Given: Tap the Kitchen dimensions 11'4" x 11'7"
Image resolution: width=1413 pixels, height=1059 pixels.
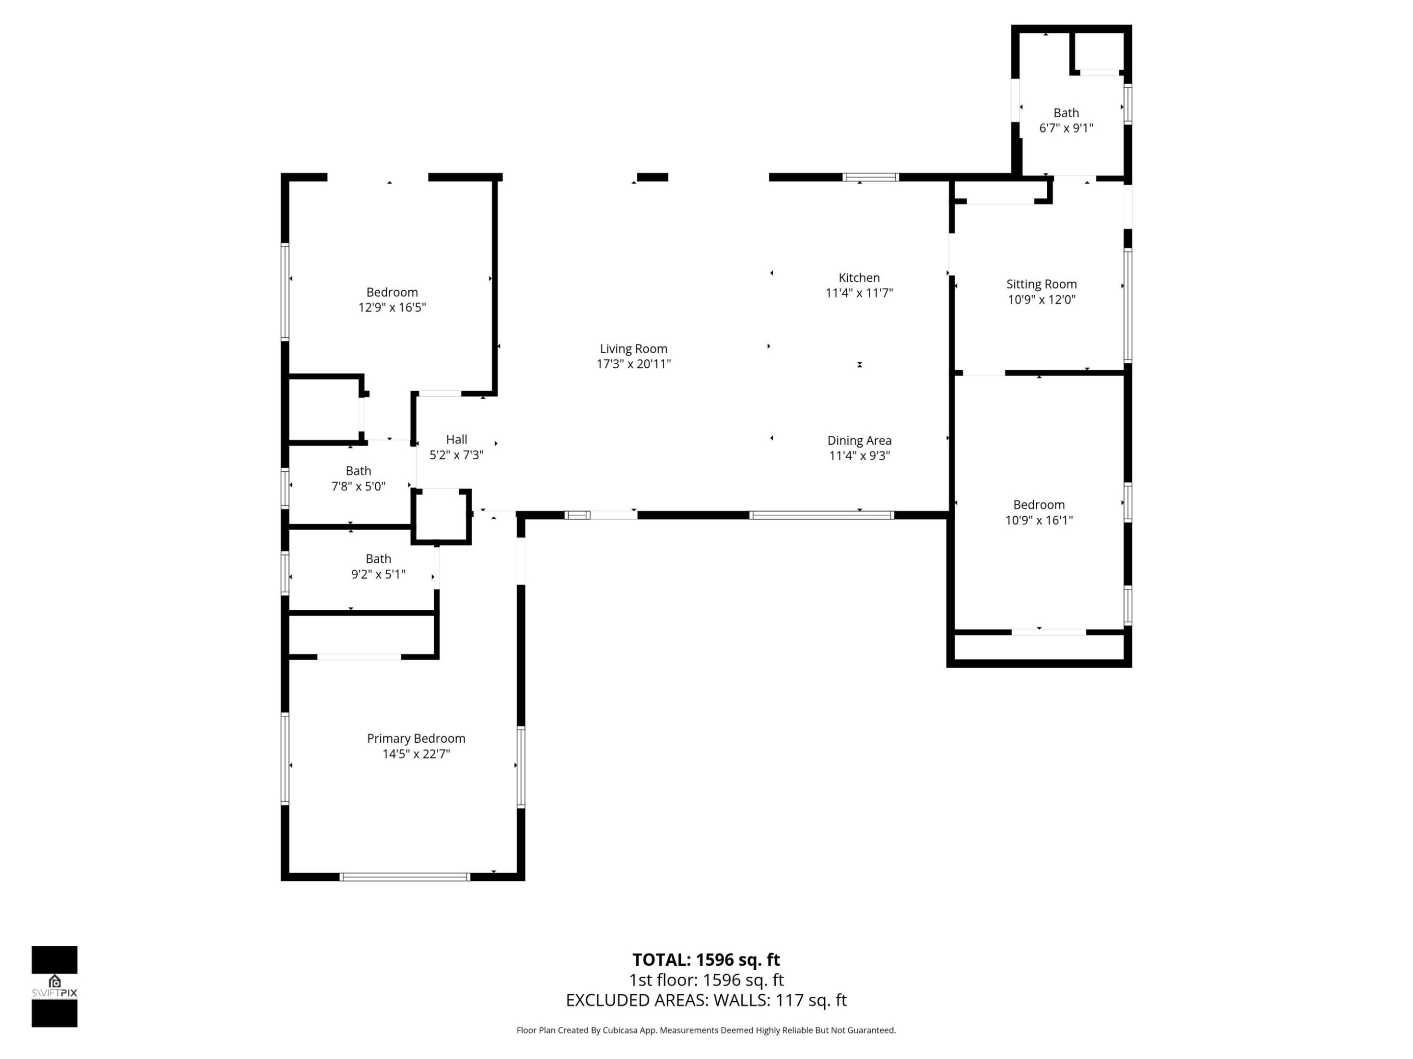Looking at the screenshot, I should pos(859,293).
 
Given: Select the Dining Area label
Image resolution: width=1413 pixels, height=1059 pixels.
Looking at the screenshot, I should pos(859,440).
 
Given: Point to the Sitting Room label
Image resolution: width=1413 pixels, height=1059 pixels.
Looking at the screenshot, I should pos(1041,284).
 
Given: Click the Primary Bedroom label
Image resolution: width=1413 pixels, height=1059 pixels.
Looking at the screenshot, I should pos(416,738).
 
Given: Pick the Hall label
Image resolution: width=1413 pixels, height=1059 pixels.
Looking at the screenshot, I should pos(456,439).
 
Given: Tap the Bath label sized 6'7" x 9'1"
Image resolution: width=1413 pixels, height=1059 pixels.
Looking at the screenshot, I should pos(1066,113).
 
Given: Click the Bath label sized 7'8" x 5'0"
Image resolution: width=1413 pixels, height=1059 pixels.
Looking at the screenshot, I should pos(358,471).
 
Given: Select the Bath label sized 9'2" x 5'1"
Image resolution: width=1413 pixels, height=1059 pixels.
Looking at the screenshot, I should pos(378,558).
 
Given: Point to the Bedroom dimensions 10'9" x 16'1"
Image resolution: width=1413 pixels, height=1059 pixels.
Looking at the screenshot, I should pos(1039,520).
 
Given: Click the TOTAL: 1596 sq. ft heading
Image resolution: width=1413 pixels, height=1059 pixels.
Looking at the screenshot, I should pos(706,959).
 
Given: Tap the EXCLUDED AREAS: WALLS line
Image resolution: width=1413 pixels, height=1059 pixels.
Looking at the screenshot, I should pos(706,1000).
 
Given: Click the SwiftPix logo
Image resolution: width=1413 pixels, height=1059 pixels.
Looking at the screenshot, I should pos(54,986).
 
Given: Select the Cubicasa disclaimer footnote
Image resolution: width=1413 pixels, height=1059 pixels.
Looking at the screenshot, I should pos(706,1030).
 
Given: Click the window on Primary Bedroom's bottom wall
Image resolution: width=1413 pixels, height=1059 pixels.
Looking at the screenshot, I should pos(404,877).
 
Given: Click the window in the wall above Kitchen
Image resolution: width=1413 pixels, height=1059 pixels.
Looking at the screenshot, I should pos(871,177).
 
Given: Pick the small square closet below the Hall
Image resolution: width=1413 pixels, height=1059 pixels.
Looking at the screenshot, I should pos(441,516).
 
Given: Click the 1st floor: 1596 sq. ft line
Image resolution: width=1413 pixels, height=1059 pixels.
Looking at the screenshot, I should pos(706,980).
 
